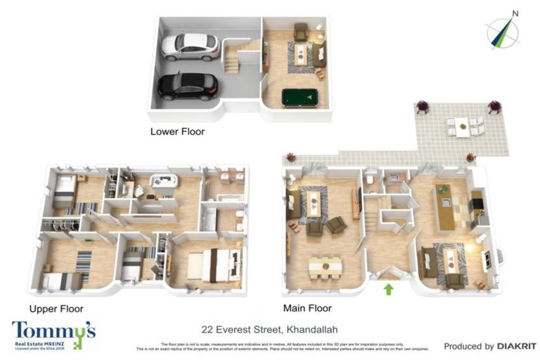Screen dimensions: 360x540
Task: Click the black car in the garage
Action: coord(187,86)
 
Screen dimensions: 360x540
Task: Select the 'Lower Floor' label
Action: coord(177,131)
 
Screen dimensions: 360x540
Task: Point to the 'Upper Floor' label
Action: coord(56,309)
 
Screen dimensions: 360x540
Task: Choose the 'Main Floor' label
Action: coord(307,308)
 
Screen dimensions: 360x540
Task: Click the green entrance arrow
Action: coord(387,288)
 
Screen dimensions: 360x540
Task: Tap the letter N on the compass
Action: coord(515,13)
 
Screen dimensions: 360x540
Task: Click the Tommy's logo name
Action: coord(53,329)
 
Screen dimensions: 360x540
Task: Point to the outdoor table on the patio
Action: coord(462,128)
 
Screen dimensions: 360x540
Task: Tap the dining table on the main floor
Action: coord(325,266)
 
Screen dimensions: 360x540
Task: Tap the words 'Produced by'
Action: coord(468,346)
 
